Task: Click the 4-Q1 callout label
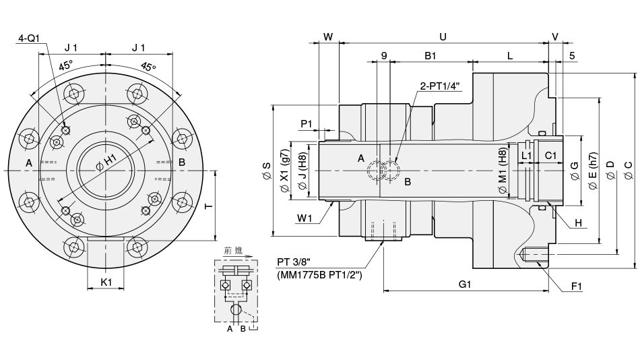28,39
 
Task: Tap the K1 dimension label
106,282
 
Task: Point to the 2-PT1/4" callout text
440,86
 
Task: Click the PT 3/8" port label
294,262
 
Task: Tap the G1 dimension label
465,284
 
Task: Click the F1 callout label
577,286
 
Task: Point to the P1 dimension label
307,123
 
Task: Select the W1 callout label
305,217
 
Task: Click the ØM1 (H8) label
502,171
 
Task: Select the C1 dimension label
550,156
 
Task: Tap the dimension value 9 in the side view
384,56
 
